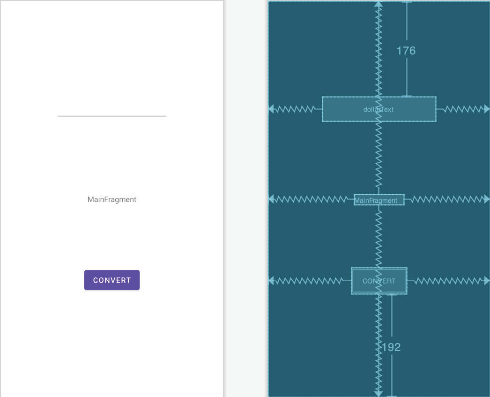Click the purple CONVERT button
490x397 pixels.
click(112, 280)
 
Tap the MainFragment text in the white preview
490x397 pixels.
click(112, 199)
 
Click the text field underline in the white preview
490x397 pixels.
click(112, 116)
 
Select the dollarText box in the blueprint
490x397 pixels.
click(379, 109)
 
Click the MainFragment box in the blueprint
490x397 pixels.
click(379, 200)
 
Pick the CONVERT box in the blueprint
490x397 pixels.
click(379, 281)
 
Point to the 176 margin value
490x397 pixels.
click(406, 50)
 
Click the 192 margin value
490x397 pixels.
click(391, 347)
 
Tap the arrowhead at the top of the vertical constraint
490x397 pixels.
click(379, 4)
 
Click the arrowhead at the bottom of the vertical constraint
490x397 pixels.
click(379, 394)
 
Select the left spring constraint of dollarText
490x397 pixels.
click(295, 109)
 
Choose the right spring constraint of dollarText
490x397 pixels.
click(463, 109)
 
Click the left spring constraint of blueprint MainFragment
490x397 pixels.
click(311, 199)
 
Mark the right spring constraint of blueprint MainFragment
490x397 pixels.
click(447, 199)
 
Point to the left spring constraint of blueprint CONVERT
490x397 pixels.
click(310, 281)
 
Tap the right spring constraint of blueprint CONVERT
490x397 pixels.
click(448, 281)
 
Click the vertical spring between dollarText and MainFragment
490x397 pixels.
click(379, 158)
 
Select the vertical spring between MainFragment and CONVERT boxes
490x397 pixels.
click(379, 237)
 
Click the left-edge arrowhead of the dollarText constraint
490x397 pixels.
click(271, 109)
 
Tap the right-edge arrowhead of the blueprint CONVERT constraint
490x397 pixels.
click(487, 281)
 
